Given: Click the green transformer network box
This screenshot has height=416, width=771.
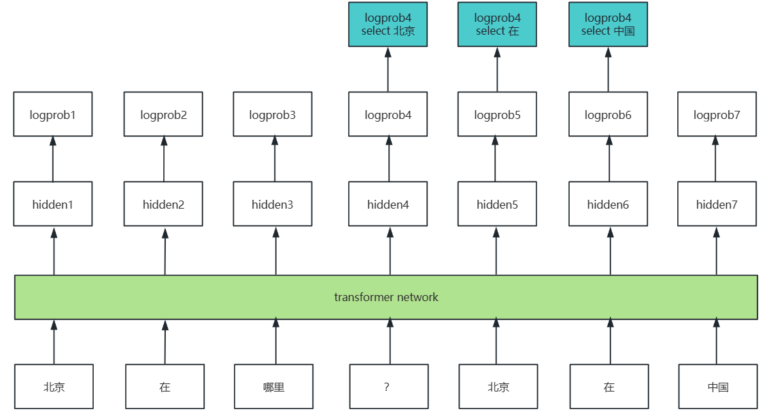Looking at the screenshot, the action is tap(386, 297).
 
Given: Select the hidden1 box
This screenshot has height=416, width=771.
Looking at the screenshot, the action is tap(52, 204).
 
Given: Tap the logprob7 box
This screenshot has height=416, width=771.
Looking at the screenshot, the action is tap(717, 114).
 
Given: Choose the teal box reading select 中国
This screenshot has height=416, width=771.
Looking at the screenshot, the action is tap(609, 24).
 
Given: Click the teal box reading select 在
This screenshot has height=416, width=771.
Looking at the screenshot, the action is tap(497, 24).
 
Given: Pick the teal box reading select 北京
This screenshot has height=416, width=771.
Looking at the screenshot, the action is tap(388, 24).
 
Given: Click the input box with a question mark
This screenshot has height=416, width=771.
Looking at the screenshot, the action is tap(389, 387).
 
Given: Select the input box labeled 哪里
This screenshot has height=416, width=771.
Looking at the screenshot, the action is tap(273, 387).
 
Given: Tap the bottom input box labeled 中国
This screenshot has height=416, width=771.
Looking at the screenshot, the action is tap(718, 387).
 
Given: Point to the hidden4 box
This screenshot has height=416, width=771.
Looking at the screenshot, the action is tap(388, 204).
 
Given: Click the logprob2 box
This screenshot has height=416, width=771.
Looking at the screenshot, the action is tap(163, 114).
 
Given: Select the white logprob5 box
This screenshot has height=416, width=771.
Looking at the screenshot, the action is tap(497, 114).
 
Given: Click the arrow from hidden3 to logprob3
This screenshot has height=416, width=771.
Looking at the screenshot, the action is tap(275, 159).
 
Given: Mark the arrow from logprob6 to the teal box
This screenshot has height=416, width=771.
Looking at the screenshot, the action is tap(609, 69).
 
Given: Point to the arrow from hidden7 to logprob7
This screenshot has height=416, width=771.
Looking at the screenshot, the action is tap(715, 159).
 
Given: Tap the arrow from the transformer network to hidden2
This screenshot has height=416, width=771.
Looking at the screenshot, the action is tap(165, 252).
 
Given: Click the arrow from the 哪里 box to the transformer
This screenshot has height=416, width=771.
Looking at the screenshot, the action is tap(276, 342).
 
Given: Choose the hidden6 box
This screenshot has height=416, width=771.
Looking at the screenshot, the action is tap(609, 204).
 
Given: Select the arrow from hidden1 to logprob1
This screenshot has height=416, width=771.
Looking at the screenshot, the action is tap(53, 159).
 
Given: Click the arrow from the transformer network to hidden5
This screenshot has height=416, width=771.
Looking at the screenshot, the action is tap(496, 252).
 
